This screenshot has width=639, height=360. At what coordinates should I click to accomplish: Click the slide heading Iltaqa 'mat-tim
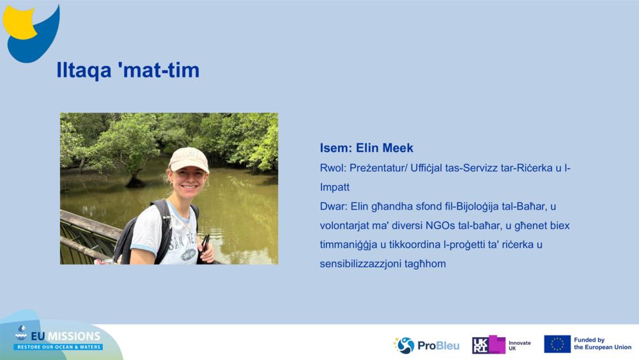tap(128, 70)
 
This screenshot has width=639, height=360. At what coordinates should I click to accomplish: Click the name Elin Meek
tap(384, 148)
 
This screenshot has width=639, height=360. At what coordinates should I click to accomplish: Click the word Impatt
tap(335, 187)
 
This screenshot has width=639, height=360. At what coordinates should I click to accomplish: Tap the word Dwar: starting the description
tap(334, 207)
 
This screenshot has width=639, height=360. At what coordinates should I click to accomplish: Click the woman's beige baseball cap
tap(189, 159)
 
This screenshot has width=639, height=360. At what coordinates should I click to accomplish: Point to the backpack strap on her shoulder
tap(164, 228)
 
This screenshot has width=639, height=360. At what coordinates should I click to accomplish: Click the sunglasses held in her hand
tap(204, 245)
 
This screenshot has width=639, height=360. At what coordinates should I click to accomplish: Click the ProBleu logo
tap(426, 345)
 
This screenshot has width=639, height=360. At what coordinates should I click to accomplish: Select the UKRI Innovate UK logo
tap(501, 345)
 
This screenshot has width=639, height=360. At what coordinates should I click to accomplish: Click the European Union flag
tap(557, 344)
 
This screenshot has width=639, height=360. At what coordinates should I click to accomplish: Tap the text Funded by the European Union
tap(603, 343)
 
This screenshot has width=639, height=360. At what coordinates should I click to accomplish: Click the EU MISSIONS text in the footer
tap(66, 336)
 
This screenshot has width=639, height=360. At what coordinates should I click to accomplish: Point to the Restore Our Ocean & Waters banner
tap(59, 347)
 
